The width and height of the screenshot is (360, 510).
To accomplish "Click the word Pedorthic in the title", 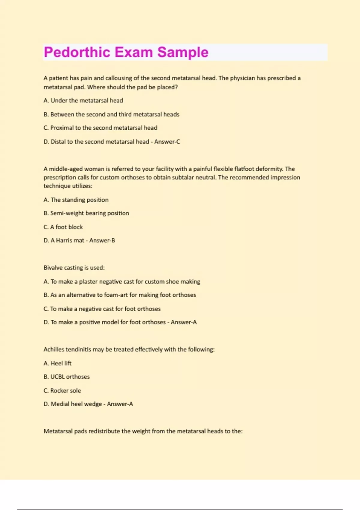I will point(77,52).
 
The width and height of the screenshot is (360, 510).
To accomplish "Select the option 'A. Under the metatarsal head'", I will point(83,100).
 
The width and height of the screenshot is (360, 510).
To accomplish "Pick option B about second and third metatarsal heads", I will point(111,114).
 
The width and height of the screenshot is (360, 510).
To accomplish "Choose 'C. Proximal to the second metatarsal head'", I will point(100,128).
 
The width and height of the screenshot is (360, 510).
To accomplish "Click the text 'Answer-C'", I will point(167,142).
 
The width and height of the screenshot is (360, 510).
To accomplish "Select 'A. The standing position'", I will point(76,200).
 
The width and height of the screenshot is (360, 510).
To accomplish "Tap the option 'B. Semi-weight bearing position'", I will point(86,213).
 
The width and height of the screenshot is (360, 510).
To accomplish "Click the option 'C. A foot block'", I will point(63,227).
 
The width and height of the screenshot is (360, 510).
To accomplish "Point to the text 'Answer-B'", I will point(102,240).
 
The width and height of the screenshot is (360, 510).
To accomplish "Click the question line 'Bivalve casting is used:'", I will point(74,268).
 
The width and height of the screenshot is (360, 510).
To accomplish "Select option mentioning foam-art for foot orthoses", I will point(120,295).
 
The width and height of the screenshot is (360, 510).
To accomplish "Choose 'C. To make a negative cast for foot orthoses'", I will point(102,309).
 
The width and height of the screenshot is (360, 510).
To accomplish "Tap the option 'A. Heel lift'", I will point(57,363).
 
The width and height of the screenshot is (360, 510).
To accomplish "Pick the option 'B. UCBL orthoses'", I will point(67,377).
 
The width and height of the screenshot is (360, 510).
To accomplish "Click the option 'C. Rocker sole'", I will point(62,391).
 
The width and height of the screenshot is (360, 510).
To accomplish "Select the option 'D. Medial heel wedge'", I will point(73,404).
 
